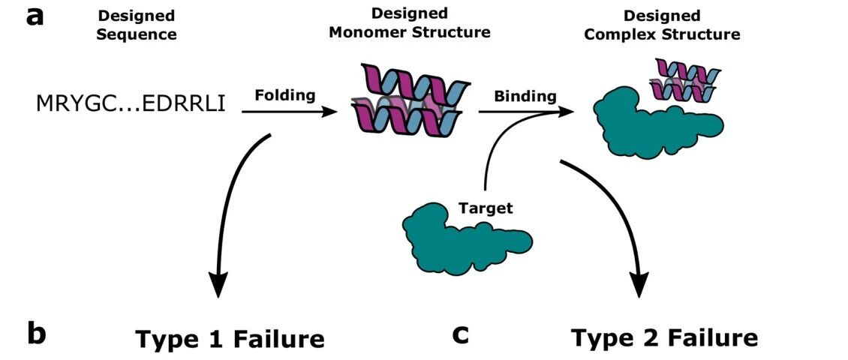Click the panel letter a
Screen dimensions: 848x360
click(x=36, y=17)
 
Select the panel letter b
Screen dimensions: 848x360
click(x=36, y=334)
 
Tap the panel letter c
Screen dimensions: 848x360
click(x=460, y=336)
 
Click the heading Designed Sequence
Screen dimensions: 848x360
click(x=137, y=25)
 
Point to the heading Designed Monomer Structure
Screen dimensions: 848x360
click(x=410, y=22)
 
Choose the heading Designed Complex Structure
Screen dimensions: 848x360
click(x=662, y=25)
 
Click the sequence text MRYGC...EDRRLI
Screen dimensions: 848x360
click(x=131, y=103)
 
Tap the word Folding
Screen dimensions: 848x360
click(x=286, y=96)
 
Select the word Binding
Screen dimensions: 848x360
click(x=525, y=97)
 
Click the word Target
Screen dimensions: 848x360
click(x=486, y=208)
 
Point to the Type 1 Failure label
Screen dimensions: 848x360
click(x=230, y=339)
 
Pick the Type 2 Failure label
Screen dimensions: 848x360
click(x=665, y=337)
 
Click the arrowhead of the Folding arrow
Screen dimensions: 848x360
click(x=330, y=112)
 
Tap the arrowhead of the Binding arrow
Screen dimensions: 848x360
click(x=566, y=112)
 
